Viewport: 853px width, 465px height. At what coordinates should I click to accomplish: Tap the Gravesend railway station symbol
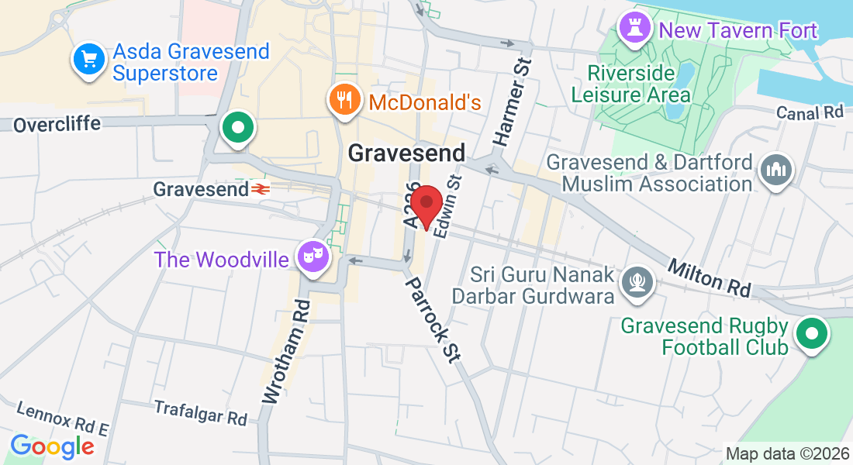pyautogui.click(x=259, y=188)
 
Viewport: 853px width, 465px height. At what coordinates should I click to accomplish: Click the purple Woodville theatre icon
pyautogui.click(x=314, y=256)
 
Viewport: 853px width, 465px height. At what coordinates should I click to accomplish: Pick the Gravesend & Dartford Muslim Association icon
pyautogui.click(x=775, y=170)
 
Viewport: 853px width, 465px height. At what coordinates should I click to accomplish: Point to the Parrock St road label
pyautogui.click(x=431, y=319)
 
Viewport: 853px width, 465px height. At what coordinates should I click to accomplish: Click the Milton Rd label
pyautogui.click(x=710, y=278)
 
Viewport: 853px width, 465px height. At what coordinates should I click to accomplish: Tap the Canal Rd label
pyautogui.click(x=810, y=113)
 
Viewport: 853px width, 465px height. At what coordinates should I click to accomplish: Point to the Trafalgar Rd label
pyautogui.click(x=200, y=412)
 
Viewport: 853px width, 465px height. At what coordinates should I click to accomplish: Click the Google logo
pyautogui.click(x=52, y=446)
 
